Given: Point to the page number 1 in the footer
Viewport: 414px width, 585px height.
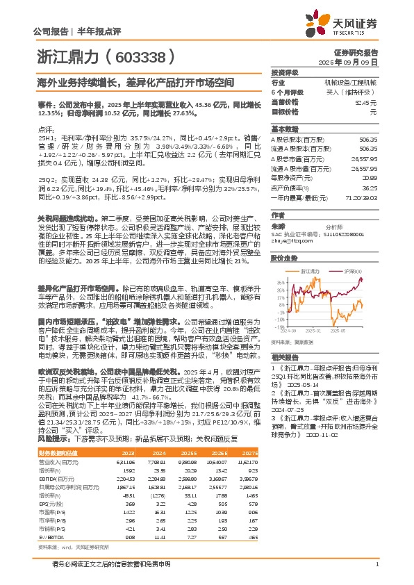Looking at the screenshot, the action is point(376,563).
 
